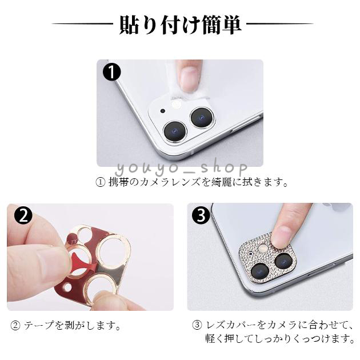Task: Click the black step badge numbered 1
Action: [111, 71]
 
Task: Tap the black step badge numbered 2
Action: [23, 215]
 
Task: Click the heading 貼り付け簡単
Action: [180, 25]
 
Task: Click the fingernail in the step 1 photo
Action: [189, 78]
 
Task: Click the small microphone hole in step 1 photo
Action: [163, 111]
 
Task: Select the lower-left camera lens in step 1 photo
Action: [175, 131]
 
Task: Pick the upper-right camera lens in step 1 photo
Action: [202, 118]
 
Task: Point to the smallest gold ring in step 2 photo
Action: [83, 234]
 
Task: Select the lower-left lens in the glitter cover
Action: [260, 271]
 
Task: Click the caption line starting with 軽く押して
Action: [280, 339]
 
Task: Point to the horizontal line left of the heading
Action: [83, 23]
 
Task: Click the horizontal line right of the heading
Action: [280, 23]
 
